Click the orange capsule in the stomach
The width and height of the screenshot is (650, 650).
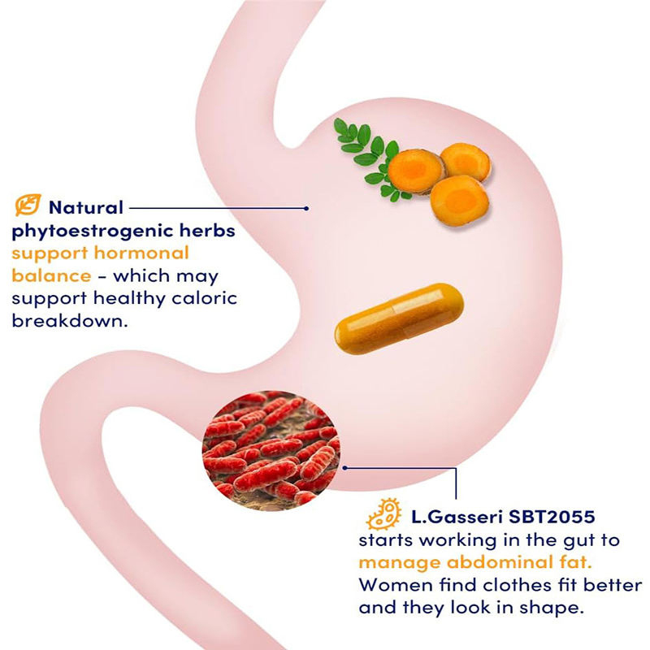(399, 314)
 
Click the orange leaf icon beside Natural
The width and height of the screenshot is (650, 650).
(29, 206)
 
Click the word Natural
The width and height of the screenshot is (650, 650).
(85, 207)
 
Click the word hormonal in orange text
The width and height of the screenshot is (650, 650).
(145, 253)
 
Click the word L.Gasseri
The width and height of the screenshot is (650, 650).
(447, 516)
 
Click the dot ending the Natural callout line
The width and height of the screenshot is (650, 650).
(305, 208)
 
